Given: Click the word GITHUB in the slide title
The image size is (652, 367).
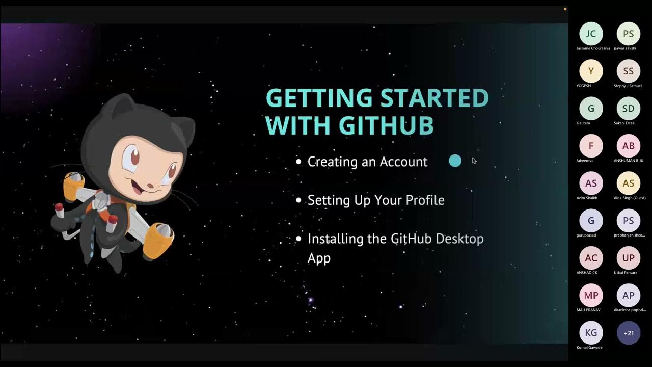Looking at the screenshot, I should [386, 125].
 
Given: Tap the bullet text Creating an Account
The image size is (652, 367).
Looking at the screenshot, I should [367, 162].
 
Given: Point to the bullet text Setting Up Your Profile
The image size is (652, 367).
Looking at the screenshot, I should [376, 200].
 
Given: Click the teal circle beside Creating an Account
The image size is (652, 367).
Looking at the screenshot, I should [455, 161].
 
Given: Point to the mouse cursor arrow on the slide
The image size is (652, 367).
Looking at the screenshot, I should [474, 161].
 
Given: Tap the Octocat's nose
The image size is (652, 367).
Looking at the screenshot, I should [151, 182].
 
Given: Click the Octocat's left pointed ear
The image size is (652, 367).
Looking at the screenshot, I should [118, 103].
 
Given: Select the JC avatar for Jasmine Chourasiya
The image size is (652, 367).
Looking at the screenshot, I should [591, 34].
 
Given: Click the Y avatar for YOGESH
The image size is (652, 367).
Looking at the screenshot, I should [591, 71].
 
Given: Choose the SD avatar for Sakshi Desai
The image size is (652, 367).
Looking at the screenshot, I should [629, 109].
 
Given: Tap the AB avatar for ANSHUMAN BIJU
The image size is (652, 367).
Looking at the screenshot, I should [629, 146].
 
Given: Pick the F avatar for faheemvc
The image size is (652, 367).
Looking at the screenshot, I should [591, 146].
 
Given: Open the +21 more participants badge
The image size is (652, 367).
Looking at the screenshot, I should [629, 333].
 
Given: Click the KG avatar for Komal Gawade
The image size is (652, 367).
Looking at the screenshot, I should [591, 333].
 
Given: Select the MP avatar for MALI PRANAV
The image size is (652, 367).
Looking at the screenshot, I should [591, 296].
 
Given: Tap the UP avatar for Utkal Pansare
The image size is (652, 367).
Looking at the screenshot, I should [629, 258].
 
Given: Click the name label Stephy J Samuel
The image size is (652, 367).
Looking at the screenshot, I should [628, 86].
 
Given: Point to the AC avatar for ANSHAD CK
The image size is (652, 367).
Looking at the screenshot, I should [591, 258].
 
